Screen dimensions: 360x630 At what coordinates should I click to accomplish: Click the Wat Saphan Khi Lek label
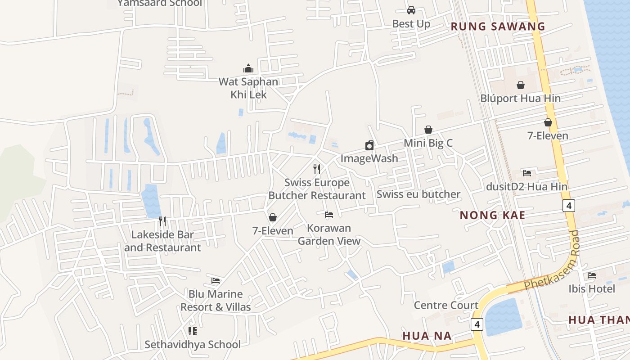[x=248, y=88]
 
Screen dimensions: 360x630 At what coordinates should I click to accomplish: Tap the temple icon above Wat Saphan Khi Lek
[x=248, y=69]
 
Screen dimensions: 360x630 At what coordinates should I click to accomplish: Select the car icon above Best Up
[x=411, y=10]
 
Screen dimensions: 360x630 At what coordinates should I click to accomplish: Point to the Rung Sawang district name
[x=498, y=27]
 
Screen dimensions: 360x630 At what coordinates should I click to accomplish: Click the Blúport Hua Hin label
[x=521, y=98]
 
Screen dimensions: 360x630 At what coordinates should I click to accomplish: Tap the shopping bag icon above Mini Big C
[x=428, y=130]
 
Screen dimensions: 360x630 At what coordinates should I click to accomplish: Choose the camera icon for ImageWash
[x=369, y=145]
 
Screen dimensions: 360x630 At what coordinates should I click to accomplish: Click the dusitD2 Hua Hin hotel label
[x=527, y=186]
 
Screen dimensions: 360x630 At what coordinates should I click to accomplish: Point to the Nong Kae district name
[x=492, y=215]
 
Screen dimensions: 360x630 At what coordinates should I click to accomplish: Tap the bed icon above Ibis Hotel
[x=592, y=275]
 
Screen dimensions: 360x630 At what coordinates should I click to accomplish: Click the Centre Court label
[x=446, y=305]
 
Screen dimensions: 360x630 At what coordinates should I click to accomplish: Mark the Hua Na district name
[x=427, y=336]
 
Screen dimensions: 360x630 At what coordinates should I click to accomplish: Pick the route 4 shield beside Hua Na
[x=477, y=324]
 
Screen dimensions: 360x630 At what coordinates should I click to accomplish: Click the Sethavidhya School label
[x=193, y=345]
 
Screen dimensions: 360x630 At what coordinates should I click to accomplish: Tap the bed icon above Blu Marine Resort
[x=216, y=281]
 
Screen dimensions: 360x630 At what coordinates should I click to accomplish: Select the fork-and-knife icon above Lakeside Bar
[x=162, y=221]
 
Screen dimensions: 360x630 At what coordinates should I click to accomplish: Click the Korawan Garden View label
[x=329, y=234]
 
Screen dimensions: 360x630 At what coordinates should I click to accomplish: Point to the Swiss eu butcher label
[x=418, y=194]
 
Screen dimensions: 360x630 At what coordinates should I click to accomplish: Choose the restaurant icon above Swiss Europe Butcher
[x=317, y=169]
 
